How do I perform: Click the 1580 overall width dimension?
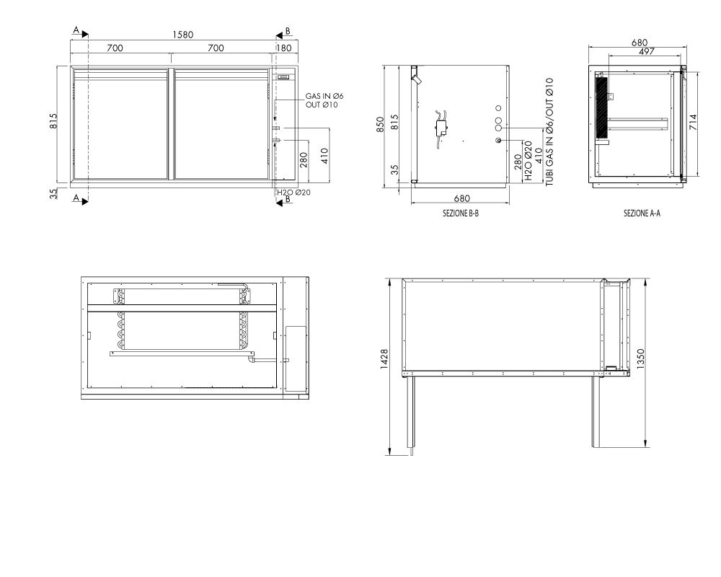point(183,35)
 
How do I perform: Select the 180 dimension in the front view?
point(284,48)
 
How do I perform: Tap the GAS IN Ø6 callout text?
point(324,96)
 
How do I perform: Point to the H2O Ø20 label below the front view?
point(293,193)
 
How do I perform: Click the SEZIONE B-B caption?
point(461,213)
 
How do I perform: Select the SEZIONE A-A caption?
point(642,213)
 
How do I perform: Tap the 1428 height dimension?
point(384,359)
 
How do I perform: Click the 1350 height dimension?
point(641,358)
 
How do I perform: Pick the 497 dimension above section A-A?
point(647,51)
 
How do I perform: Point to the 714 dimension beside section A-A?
point(694,122)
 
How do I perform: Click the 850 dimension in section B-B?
point(380,125)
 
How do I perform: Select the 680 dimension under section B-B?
point(461,198)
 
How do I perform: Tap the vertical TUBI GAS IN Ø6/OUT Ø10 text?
point(549,132)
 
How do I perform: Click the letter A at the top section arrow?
point(76,30)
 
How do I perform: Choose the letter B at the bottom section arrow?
point(288,199)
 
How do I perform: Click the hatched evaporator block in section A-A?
point(601,107)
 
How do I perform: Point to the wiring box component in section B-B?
point(442,128)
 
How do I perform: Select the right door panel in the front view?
point(221,124)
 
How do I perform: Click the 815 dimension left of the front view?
point(54,121)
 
